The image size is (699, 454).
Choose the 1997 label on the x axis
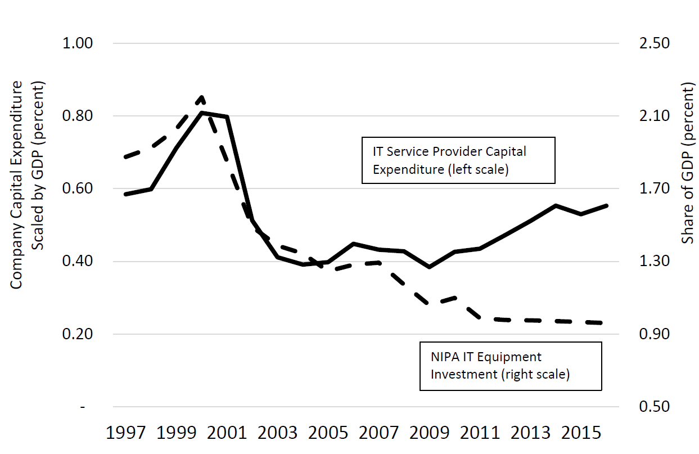125,434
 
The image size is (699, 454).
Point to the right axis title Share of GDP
687,163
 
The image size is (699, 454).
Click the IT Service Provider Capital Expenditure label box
458,160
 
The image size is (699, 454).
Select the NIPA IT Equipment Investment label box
511,366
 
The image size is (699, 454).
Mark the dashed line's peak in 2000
201,97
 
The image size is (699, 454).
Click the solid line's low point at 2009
430,267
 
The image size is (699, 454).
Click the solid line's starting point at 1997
125,194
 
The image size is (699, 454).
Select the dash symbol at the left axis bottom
83,407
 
